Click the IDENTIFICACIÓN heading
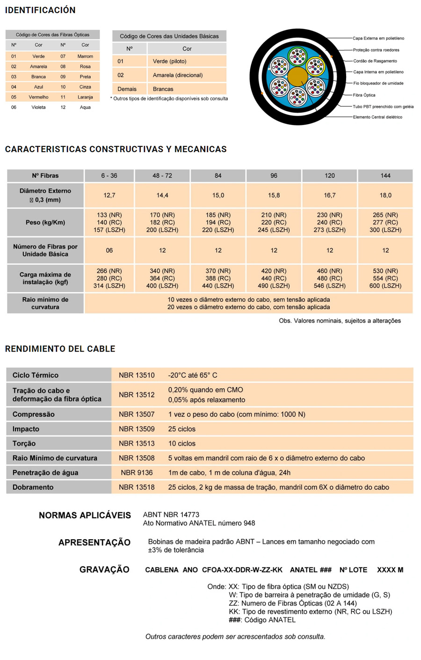40,10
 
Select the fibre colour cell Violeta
38,107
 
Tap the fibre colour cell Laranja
85,97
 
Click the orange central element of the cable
298,76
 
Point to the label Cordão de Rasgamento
375,61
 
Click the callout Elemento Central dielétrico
377,117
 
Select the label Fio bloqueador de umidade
378,83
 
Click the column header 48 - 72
162,176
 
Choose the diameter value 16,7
330,195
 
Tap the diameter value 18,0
385,195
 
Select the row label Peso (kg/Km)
45,222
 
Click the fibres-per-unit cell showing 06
109,250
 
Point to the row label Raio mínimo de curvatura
45,303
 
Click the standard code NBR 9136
137,473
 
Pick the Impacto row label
26,429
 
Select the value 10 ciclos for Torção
182,443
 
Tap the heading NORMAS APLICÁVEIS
85,515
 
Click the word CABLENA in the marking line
161,570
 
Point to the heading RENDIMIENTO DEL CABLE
60,349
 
